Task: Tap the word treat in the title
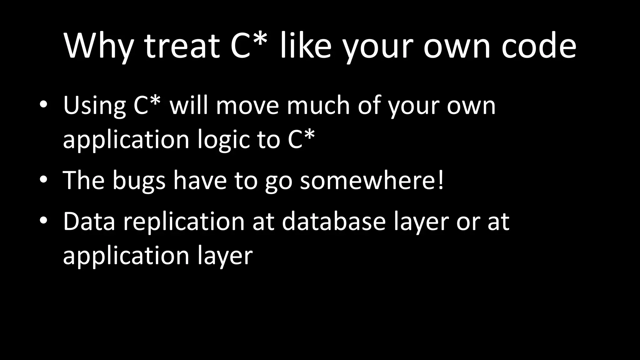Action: [x=182, y=46]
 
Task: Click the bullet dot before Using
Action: [x=43, y=105]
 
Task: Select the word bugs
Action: [x=139, y=181]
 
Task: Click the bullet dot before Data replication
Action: [x=43, y=220]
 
